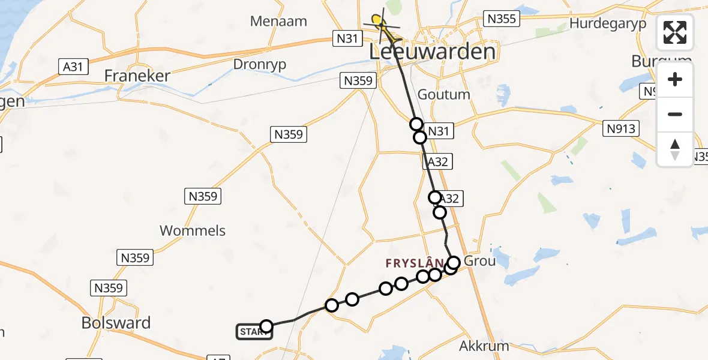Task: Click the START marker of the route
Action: tap(254, 332)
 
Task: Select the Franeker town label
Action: tap(137, 76)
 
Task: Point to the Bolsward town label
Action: tap(116, 323)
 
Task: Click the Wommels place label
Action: tap(193, 230)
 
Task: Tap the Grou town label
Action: tap(479, 261)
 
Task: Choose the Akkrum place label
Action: tap(484, 346)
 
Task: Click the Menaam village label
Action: tap(279, 22)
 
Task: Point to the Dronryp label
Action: tap(260, 64)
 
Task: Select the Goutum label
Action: tap(443, 95)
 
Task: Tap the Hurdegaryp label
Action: tap(608, 23)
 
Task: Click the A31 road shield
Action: tap(73, 66)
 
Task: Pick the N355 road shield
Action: tap(501, 19)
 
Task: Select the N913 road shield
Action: tap(620, 128)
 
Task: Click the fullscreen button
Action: tap(675, 32)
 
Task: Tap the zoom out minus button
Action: tap(675, 114)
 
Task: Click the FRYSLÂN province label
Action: tap(414, 263)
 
